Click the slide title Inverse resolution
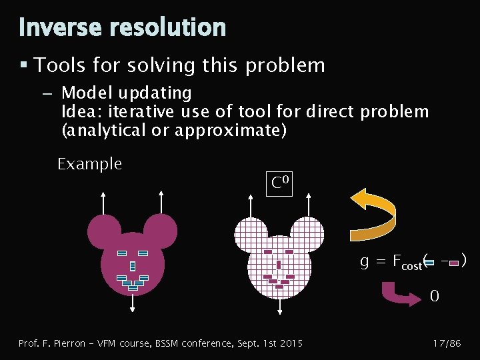pos(122,27)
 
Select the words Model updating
pos(126,93)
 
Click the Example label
pos(89,164)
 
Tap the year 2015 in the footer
pos(291,343)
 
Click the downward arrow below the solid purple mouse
pos(133,303)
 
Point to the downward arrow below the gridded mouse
pos(279,304)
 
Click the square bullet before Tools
pos(23,65)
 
